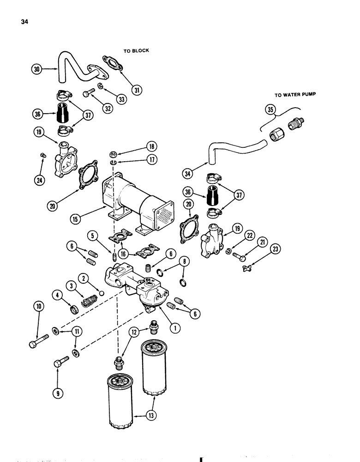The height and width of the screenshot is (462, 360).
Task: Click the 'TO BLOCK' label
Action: pos(136,50)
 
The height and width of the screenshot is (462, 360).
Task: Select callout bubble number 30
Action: pos(36,69)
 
